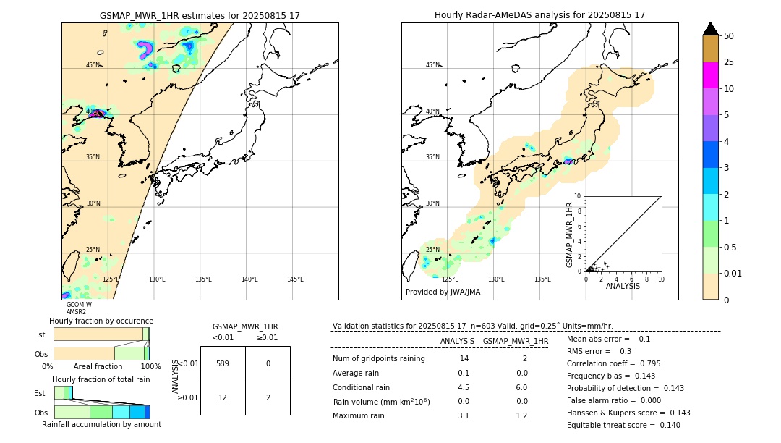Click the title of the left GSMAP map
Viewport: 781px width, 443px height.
[200, 15]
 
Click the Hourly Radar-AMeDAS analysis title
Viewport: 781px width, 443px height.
[539, 15]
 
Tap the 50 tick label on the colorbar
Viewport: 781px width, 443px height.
[729, 36]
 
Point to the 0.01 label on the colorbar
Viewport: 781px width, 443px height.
[733, 273]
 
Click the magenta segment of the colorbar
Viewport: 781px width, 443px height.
[710, 75]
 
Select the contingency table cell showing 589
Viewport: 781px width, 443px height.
[223, 363]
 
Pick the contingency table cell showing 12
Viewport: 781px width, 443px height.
[223, 397]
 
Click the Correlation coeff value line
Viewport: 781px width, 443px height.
[613, 363]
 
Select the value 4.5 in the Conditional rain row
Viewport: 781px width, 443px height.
[463, 387]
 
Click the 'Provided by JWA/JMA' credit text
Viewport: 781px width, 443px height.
[443, 292]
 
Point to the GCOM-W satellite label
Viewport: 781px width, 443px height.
[79, 305]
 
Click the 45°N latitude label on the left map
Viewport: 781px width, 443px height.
[93, 65]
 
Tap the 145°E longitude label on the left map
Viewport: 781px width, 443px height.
[295, 279]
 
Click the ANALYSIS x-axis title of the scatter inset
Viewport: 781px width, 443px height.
[623, 286]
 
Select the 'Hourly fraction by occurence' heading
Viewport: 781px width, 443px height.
[101, 321]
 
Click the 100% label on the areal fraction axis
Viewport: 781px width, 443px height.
[150, 366]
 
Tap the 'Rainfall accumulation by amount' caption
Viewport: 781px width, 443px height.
[101, 424]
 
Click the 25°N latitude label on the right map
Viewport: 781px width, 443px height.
[432, 250]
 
